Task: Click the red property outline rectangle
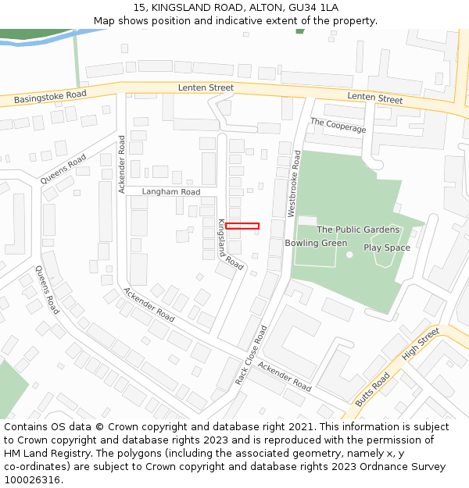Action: click(242, 226)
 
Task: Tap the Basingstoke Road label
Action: click(50, 97)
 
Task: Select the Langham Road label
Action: click(170, 191)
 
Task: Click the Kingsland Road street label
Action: click(229, 244)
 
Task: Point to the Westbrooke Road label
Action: click(293, 183)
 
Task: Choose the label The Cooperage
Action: click(338, 125)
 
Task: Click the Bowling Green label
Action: click(316, 243)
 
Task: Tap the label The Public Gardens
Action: click(358, 230)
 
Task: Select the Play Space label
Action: click(386, 248)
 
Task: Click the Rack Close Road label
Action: click(251, 355)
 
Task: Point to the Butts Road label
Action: click(372, 388)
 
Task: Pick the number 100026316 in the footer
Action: click(32, 479)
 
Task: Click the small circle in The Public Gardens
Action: click(349, 255)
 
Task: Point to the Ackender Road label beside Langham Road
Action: click(121, 164)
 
